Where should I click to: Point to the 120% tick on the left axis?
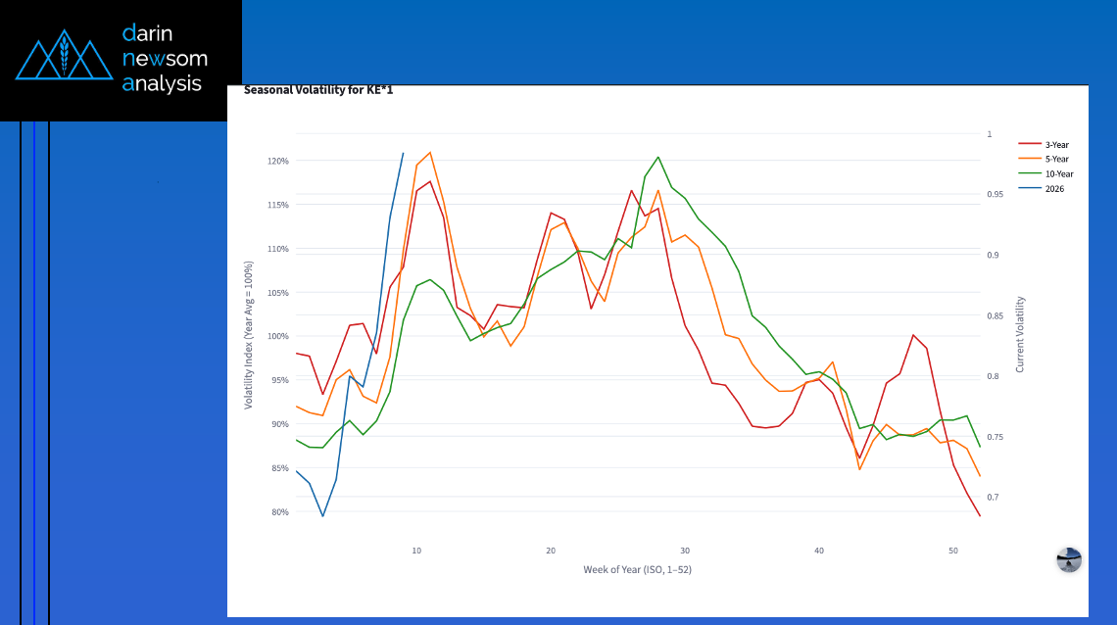click(x=278, y=161)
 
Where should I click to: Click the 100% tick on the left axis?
click(x=278, y=337)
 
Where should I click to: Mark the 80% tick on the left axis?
click(x=278, y=512)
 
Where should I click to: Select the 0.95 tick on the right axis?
click(x=996, y=195)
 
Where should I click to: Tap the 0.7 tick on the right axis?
click(x=993, y=498)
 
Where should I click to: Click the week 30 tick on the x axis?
click(x=685, y=551)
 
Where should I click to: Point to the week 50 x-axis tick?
click(x=953, y=551)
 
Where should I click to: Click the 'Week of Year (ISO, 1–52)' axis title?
click(x=637, y=569)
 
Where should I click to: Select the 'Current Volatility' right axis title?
click(x=1020, y=335)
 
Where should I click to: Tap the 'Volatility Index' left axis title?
click(x=249, y=335)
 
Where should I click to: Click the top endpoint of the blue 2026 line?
click(x=404, y=153)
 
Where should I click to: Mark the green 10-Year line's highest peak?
click(x=657, y=157)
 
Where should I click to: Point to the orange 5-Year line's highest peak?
click(x=430, y=152)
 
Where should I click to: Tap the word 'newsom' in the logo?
click(x=164, y=59)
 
